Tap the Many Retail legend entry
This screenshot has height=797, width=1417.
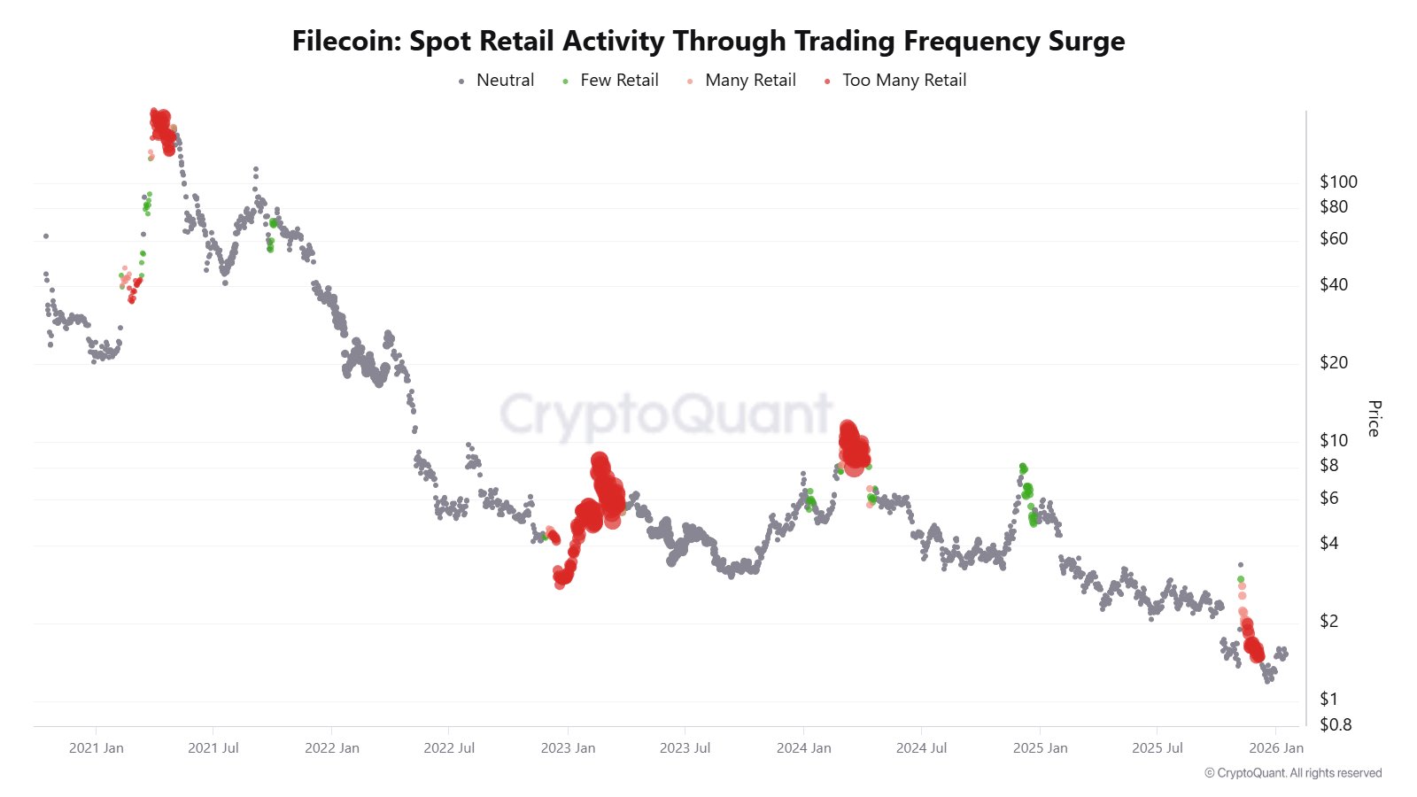(750, 81)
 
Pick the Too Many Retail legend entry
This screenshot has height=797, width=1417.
(903, 81)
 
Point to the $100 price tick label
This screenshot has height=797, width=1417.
(1338, 182)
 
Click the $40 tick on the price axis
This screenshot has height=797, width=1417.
(1334, 285)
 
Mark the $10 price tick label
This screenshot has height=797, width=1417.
(1334, 441)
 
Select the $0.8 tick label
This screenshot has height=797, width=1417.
(1336, 725)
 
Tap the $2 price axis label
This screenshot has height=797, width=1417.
(1328, 622)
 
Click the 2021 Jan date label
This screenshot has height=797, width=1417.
(97, 748)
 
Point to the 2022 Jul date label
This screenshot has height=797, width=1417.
(449, 748)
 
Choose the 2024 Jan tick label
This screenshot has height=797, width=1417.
(804, 748)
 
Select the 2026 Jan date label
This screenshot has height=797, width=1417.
(1276, 748)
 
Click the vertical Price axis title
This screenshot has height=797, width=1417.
(1374, 418)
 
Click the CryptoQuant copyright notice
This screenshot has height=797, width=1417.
(1293, 773)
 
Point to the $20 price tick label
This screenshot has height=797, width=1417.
(1334, 363)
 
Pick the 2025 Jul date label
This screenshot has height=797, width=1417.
(1158, 748)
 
